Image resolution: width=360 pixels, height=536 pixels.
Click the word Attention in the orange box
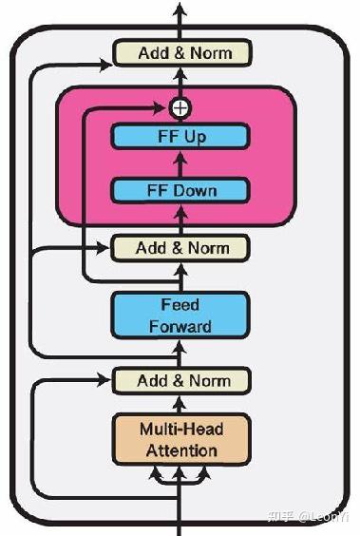tap(180, 450)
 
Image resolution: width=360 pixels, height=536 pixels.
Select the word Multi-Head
tap(180, 429)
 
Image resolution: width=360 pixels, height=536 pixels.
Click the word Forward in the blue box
tap(180, 326)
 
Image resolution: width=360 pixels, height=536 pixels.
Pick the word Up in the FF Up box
tap(195, 136)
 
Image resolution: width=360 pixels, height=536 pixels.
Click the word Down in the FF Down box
tap(197, 191)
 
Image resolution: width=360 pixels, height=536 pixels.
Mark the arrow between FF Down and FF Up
tap(180, 163)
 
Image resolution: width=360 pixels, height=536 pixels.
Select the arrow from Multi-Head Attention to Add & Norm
tap(180, 403)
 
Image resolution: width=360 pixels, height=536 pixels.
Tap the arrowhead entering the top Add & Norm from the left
tap(106, 65)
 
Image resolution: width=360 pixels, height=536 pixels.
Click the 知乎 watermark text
tap(280, 516)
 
